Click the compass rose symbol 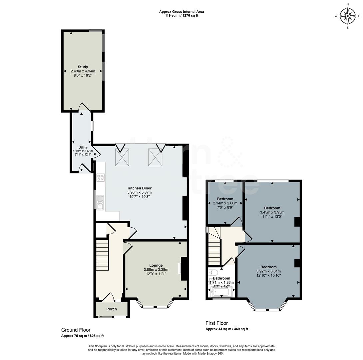348,16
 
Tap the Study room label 83,67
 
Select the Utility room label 83,147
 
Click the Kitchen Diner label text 139,188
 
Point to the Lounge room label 156,265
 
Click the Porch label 112,309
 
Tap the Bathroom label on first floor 221,278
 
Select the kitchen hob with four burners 100,177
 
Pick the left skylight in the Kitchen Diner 122,157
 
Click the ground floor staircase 102,255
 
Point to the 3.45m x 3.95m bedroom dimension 272,212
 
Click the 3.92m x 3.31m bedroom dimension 268,271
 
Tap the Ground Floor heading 76,330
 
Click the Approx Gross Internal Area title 181,12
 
